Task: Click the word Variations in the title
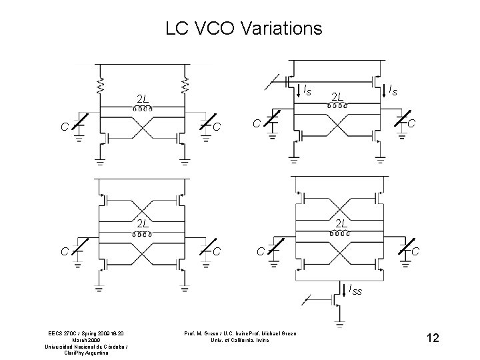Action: tap(281, 29)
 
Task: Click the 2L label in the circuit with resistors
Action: tap(142, 100)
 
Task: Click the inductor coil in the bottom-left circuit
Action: tap(141, 235)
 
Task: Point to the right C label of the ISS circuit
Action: tap(415, 250)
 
